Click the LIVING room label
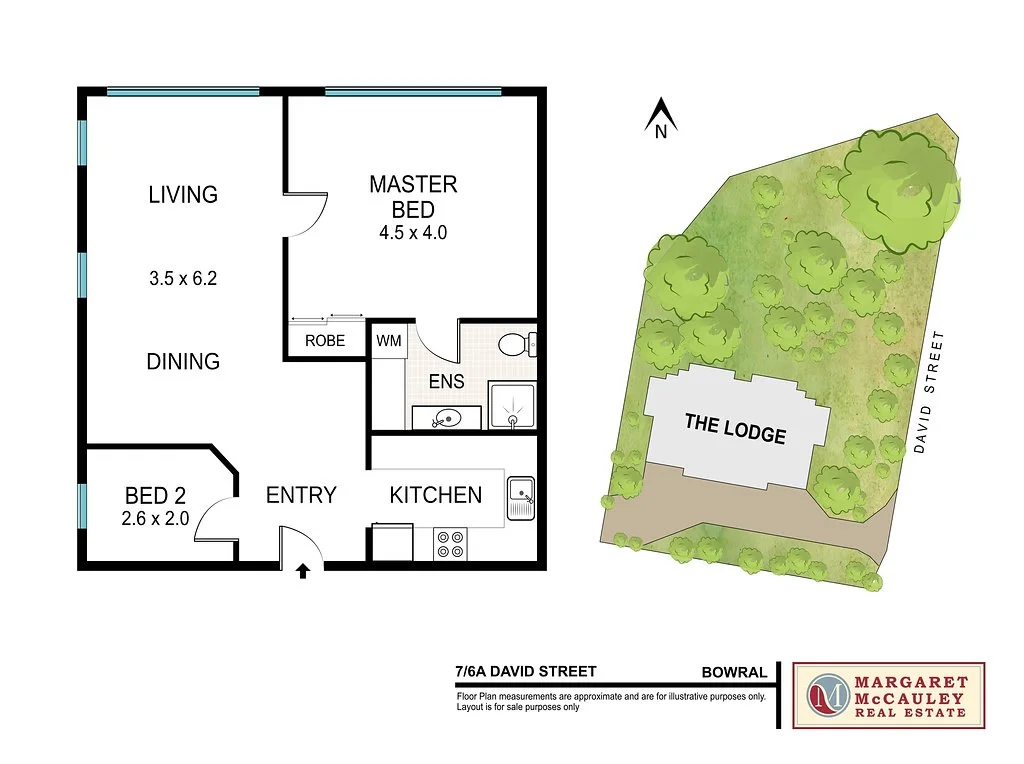(x=183, y=194)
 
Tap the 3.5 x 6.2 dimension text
(x=183, y=279)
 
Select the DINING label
(x=183, y=361)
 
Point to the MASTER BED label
(x=413, y=197)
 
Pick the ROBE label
(x=325, y=341)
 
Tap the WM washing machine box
(x=388, y=341)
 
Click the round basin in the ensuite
(x=447, y=419)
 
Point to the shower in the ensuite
(x=512, y=405)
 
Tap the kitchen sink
(x=522, y=496)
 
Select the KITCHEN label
(x=435, y=494)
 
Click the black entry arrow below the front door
(x=303, y=571)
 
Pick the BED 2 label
(x=155, y=495)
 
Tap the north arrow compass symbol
(x=660, y=118)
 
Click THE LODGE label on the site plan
(x=735, y=429)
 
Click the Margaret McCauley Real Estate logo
(x=888, y=694)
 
